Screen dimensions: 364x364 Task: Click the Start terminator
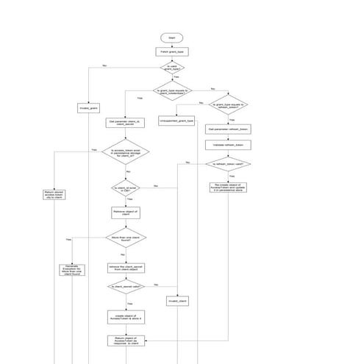tap(171, 38)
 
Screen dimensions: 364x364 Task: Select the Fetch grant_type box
tap(171, 52)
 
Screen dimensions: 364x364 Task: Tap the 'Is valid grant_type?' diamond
tap(172, 68)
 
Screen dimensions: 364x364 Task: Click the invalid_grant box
tap(88, 108)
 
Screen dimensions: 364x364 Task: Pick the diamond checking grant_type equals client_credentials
tap(172, 91)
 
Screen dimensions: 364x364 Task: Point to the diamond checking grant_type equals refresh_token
tap(230, 104)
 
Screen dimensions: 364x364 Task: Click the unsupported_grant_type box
tap(176, 120)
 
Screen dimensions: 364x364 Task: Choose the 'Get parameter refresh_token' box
tap(230, 129)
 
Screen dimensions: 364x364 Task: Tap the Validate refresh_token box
tap(230, 145)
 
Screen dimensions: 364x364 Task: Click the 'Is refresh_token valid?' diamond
tap(230, 165)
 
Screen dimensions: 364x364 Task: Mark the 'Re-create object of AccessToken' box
tap(230, 188)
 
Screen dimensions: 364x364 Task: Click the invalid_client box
tap(178, 301)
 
